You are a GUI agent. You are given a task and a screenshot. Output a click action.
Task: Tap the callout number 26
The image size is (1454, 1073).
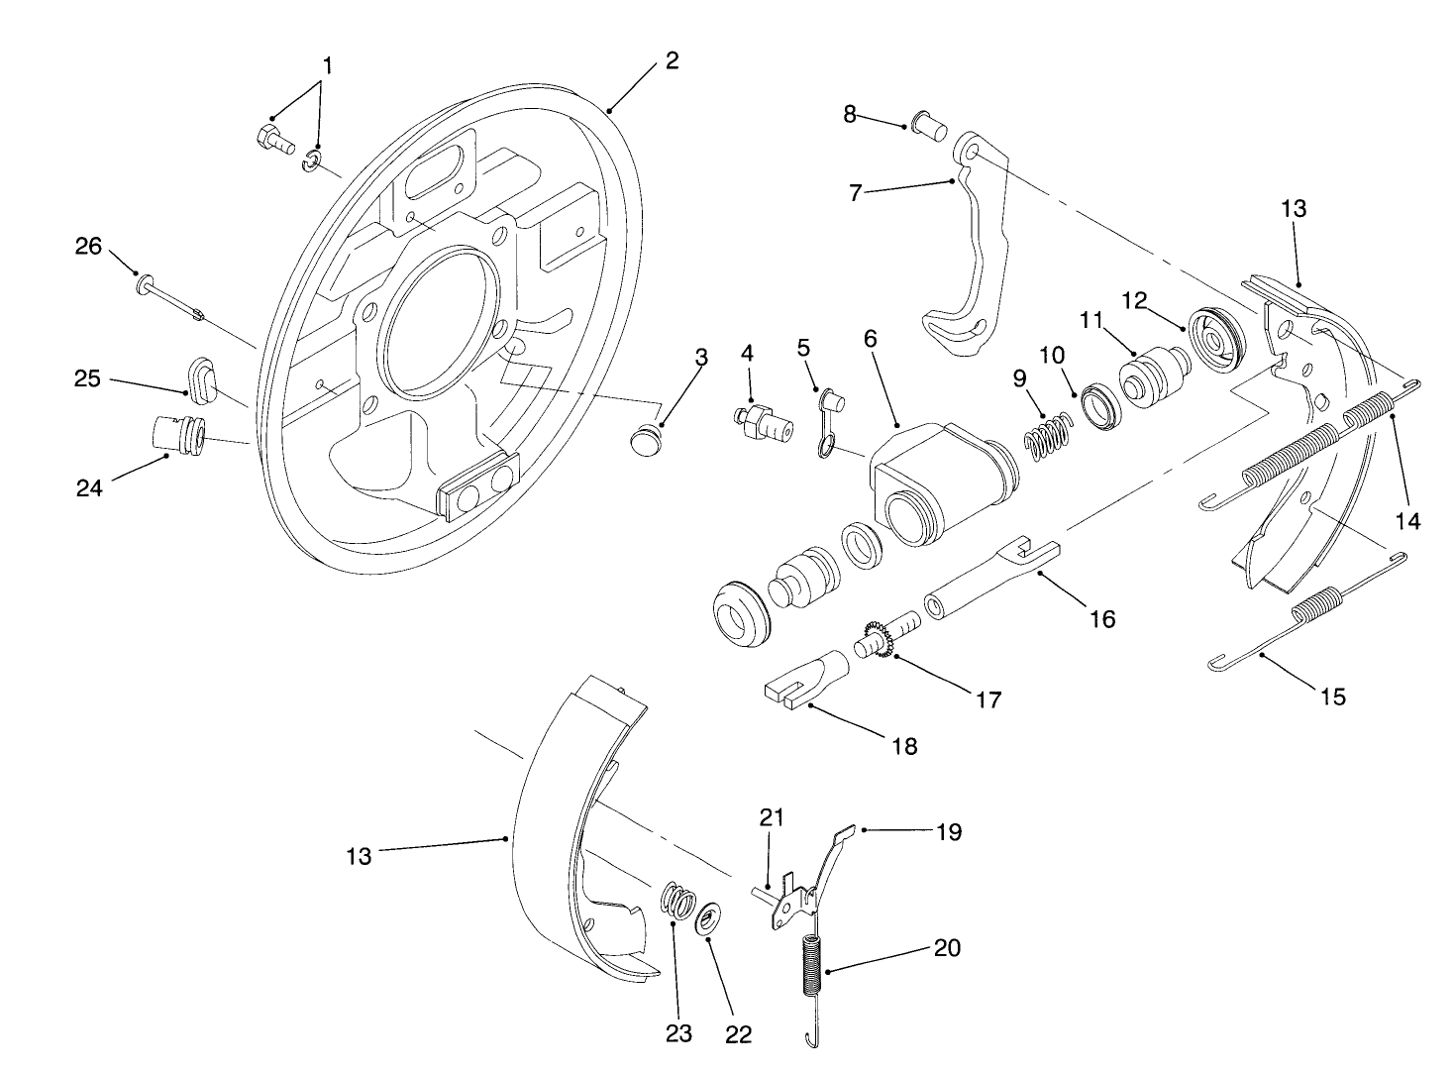pyautogui.click(x=89, y=246)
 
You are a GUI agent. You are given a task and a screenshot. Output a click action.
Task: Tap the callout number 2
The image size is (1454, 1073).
pyautogui.click(x=673, y=60)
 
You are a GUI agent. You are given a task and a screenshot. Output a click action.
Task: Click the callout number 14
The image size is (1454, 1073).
pyautogui.click(x=1406, y=520)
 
